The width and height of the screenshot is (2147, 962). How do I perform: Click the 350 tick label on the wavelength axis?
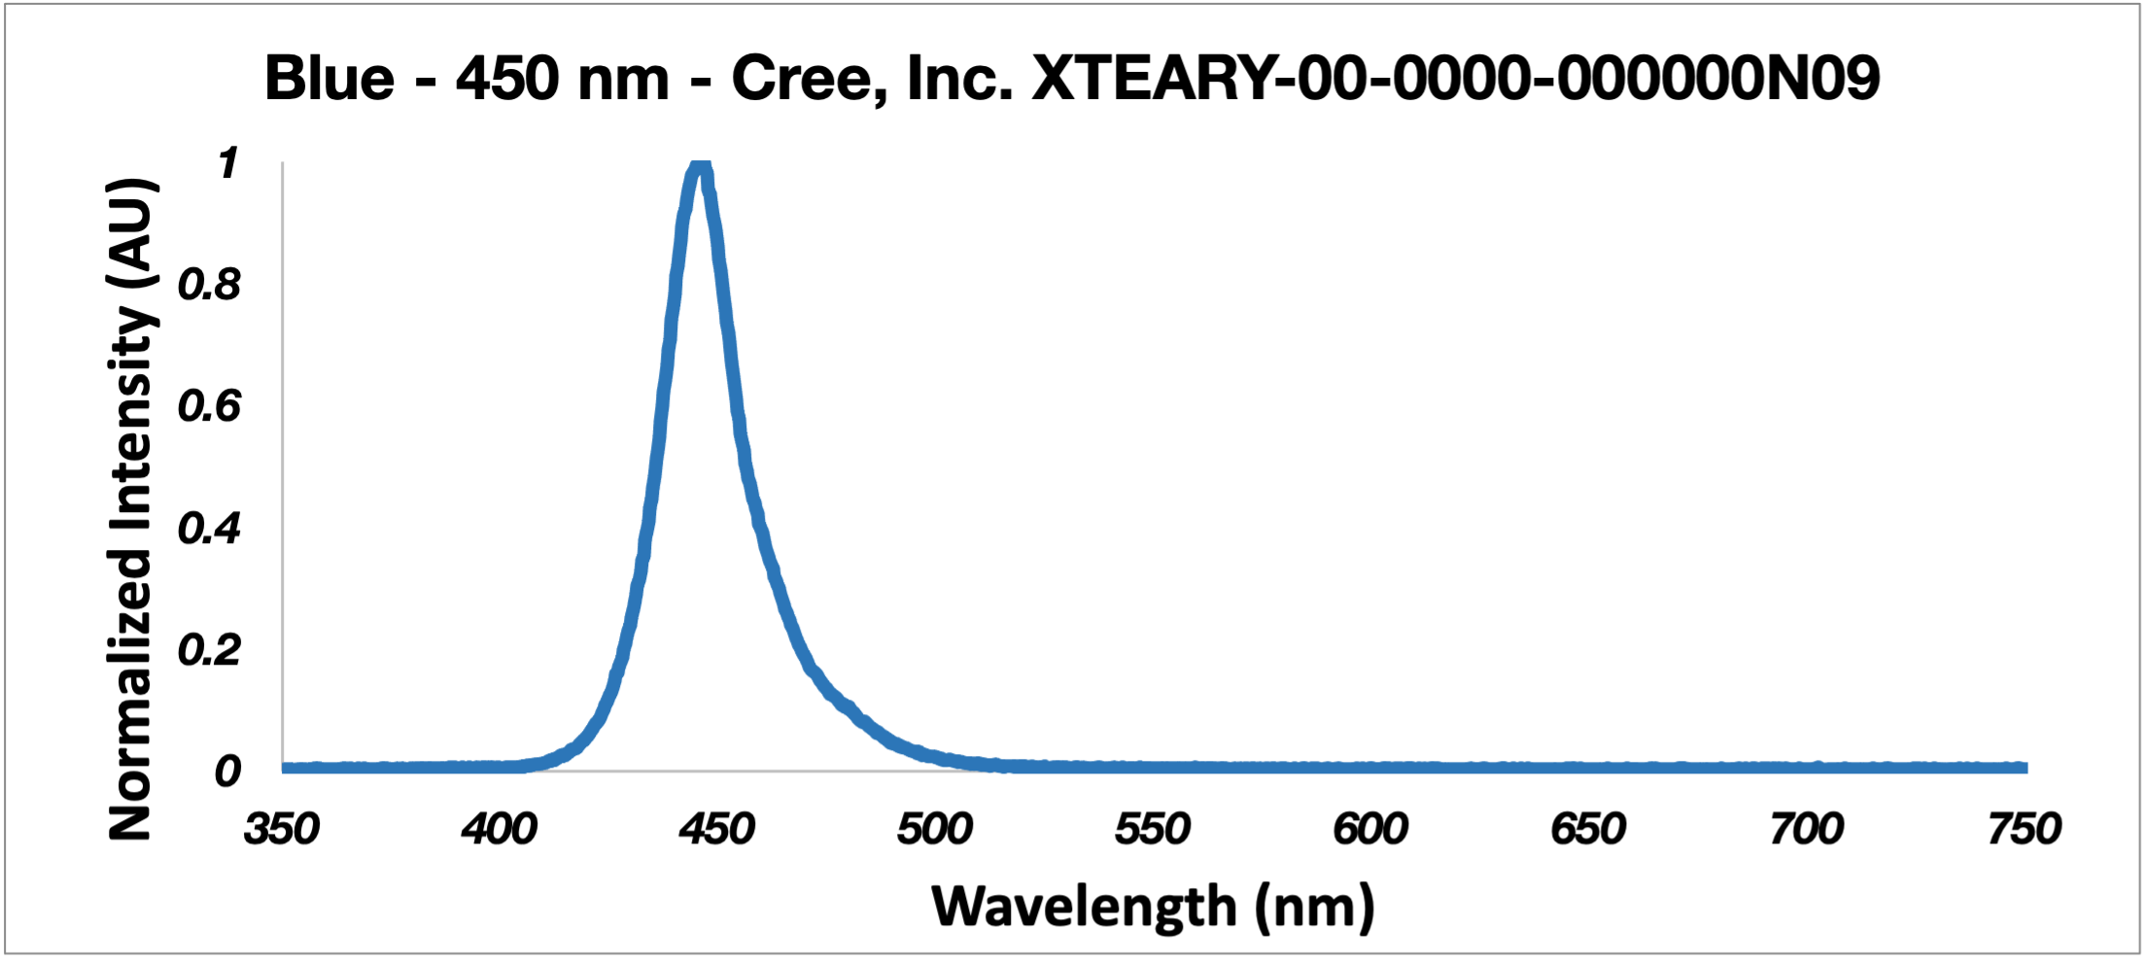pyautogui.click(x=282, y=829)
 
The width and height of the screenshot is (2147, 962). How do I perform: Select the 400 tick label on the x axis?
pyautogui.click(x=500, y=829)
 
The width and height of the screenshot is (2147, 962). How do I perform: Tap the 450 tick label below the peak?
pyautogui.click(x=717, y=829)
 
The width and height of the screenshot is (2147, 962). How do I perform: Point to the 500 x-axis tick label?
pyautogui.click(x=935, y=829)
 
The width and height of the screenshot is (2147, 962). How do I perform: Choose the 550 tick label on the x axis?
pyautogui.click(x=1153, y=829)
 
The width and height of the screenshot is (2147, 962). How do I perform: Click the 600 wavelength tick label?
pyautogui.click(x=1370, y=829)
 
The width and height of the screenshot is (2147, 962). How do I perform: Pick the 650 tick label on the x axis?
pyautogui.click(x=1588, y=829)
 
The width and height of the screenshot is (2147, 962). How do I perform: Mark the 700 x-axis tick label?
pyautogui.click(x=1806, y=829)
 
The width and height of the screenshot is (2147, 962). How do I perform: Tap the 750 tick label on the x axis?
pyautogui.click(x=2024, y=829)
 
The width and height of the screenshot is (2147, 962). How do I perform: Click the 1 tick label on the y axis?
pyautogui.click(x=228, y=163)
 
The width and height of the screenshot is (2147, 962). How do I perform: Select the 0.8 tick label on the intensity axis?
pyautogui.click(x=209, y=285)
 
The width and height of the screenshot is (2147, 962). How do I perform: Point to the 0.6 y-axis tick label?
pyautogui.click(x=209, y=406)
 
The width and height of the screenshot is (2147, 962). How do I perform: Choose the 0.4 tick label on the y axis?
pyautogui.click(x=209, y=528)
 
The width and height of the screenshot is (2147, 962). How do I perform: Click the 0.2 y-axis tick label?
pyautogui.click(x=209, y=649)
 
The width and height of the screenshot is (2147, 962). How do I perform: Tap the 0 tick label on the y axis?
pyautogui.click(x=227, y=771)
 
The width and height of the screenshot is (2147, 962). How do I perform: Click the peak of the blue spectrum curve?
pyautogui.click(x=700, y=167)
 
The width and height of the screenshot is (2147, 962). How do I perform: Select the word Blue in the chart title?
pyautogui.click(x=329, y=78)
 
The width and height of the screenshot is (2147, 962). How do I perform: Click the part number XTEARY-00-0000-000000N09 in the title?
pyautogui.click(x=1455, y=78)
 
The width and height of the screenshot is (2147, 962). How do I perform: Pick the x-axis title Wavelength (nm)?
pyautogui.click(x=1153, y=907)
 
